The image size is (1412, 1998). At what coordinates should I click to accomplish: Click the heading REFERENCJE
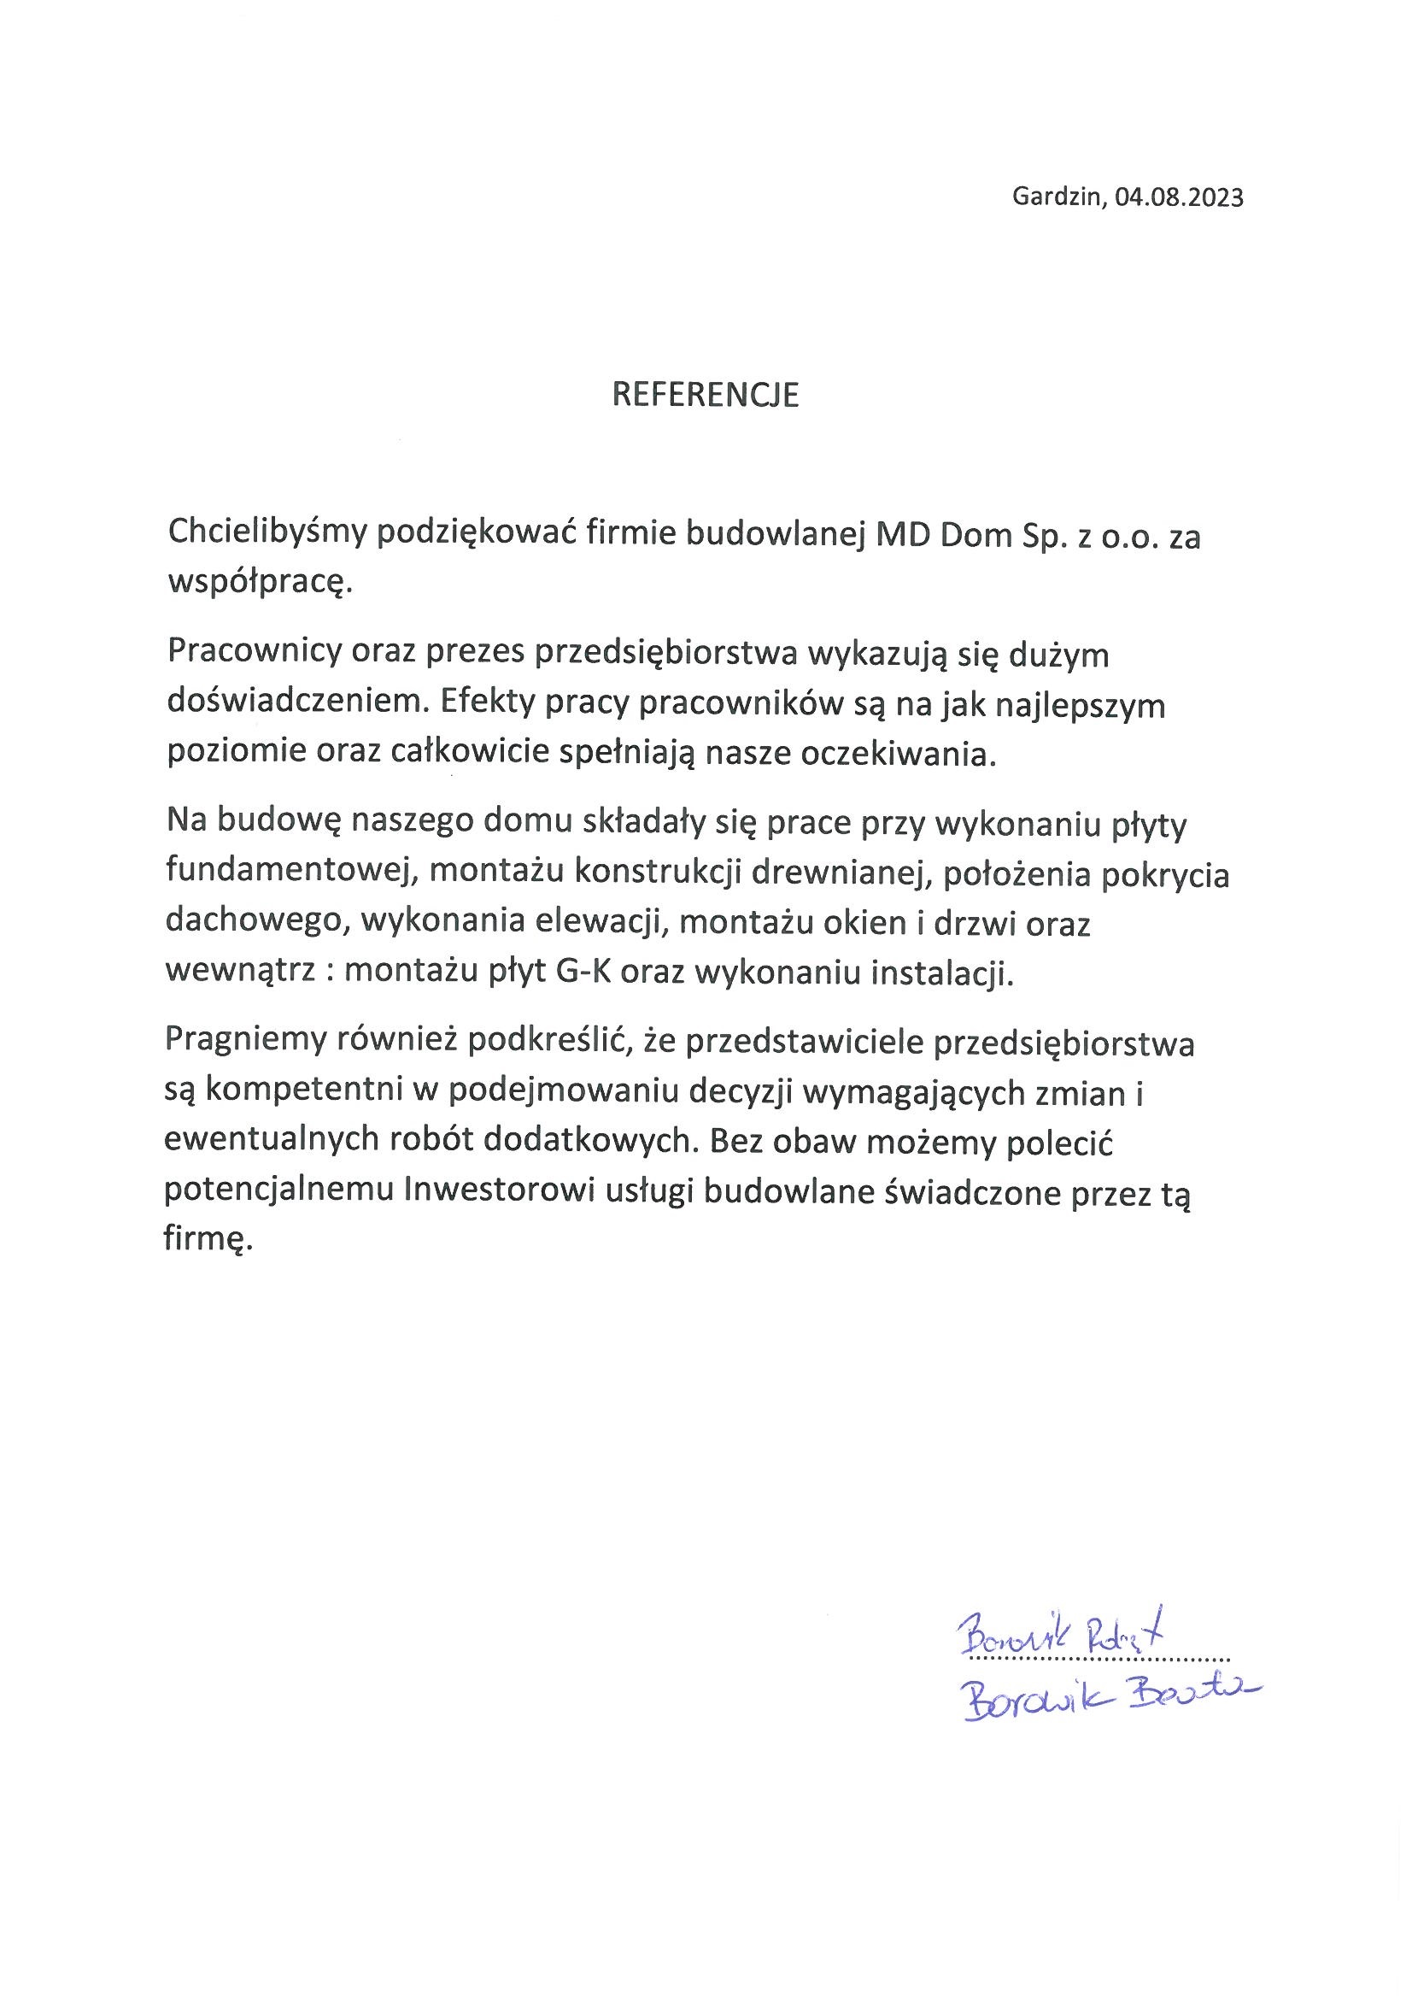(x=705, y=395)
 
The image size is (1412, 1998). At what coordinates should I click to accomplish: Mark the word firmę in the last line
(x=208, y=1238)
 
